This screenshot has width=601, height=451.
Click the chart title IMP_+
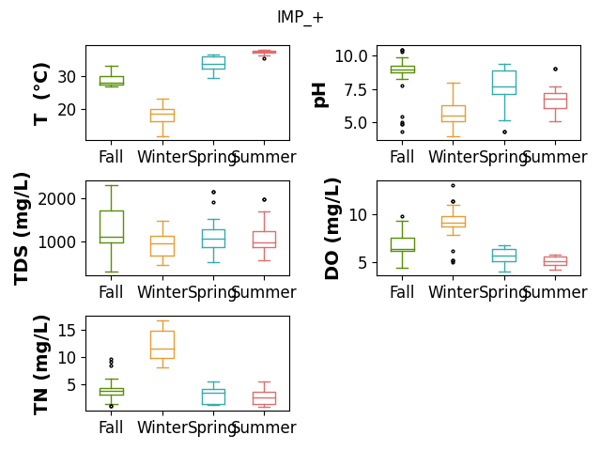coord(300,18)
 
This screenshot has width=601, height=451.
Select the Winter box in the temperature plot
coord(162,110)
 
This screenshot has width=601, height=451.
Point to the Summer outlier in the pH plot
coord(555,69)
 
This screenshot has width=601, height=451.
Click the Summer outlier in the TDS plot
coord(264,199)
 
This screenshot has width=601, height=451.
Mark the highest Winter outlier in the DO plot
coord(453,186)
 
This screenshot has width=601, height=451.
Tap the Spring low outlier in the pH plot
coord(505,132)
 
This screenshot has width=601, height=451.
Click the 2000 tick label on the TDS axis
coord(56,199)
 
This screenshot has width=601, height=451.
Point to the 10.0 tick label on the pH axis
coord(351,56)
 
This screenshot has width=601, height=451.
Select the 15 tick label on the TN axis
coord(67,330)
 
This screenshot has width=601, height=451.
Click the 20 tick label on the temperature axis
coord(67,110)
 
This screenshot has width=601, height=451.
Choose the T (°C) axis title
coord(41,94)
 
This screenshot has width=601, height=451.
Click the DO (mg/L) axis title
coord(331,228)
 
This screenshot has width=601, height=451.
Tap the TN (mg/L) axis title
coord(41,365)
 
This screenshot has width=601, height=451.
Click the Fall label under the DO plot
coord(402,292)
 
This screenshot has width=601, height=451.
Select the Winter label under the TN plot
coord(162,428)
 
